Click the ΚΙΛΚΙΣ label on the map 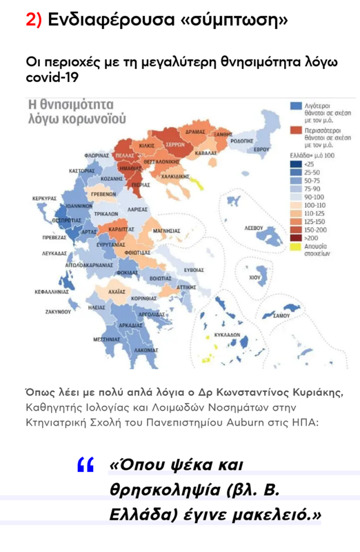tap(146, 146)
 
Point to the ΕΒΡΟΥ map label tap(260, 149)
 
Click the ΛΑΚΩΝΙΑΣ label tap(146, 350)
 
